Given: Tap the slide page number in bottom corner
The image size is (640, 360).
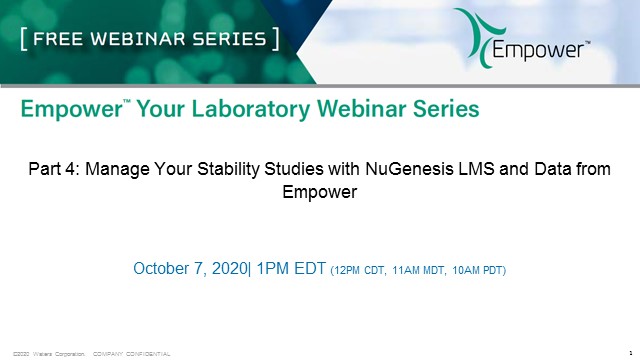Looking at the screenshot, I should point(627,353).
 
